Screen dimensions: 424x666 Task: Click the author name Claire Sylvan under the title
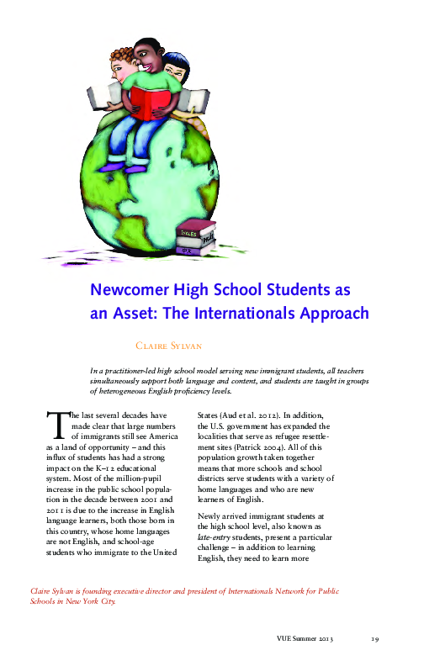[175, 346]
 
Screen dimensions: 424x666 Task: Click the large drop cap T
[58, 428]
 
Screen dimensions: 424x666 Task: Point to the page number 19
[376, 640]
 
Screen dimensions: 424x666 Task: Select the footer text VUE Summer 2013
[305, 640]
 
